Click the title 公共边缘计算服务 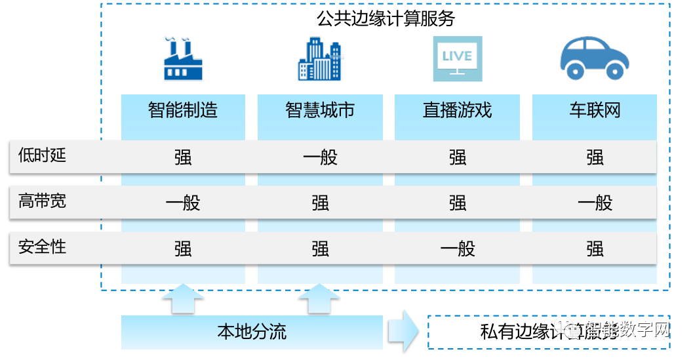pyautogui.click(x=386, y=18)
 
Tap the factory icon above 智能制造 pyautogui.click(x=183, y=59)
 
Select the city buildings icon pyautogui.click(x=320, y=59)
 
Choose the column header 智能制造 pyautogui.click(x=183, y=110)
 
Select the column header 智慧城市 pyautogui.click(x=320, y=110)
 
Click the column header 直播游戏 pyautogui.click(x=457, y=110)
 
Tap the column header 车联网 pyautogui.click(x=594, y=110)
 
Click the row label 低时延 pyautogui.click(x=43, y=155)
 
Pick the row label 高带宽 pyautogui.click(x=43, y=201)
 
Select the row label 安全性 pyautogui.click(x=43, y=247)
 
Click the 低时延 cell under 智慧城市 pyautogui.click(x=320, y=157)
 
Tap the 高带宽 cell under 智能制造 pyautogui.click(x=183, y=203)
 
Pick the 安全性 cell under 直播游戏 pyautogui.click(x=457, y=249)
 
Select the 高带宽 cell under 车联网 pyautogui.click(x=594, y=203)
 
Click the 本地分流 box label pyautogui.click(x=252, y=332)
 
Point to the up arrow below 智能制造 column pyautogui.click(x=183, y=299)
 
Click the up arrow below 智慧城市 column pyautogui.click(x=320, y=299)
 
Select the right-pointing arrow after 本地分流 pyautogui.click(x=403, y=332)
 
